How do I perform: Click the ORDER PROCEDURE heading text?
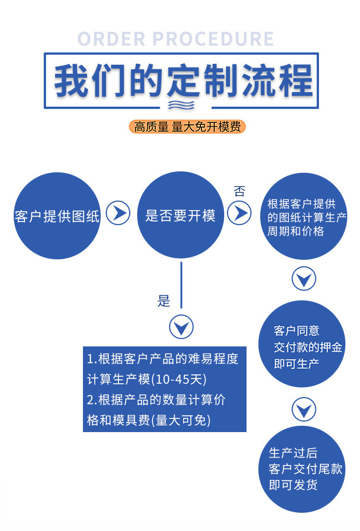[176, 39]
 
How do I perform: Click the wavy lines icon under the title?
[181, 105]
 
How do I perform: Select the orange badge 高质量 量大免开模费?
[187, 127]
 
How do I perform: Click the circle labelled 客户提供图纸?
[57, 216]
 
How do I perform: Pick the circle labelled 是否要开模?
[180, 215]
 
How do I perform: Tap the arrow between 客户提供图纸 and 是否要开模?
[118, 213]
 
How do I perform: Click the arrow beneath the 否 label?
[240, 213]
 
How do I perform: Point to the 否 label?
[239, 191]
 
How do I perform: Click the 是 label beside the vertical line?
[164, 301]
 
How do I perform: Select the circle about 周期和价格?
[304, 217]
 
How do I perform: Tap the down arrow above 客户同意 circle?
[303, 278]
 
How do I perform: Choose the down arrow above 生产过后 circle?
[303, 409]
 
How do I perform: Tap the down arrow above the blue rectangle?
[181, 327]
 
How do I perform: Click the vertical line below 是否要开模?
[181, 284]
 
